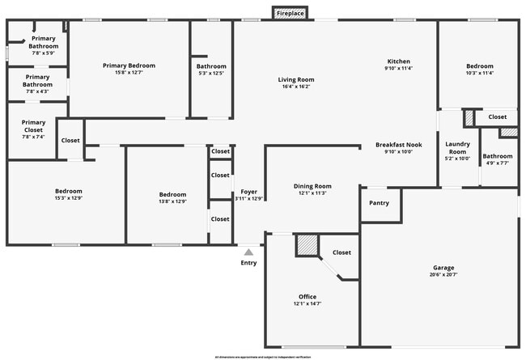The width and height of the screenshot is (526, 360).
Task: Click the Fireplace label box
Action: pos(291,14)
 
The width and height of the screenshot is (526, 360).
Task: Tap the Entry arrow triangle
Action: pos(248,252)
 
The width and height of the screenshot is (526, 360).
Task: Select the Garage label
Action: pos(443,268)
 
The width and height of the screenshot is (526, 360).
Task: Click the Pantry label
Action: pos(380,203)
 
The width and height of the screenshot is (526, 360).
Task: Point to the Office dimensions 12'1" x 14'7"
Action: pos(307,304)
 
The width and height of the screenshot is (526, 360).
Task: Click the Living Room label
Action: pos(296,79)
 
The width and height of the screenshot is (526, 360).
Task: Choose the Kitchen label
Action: pos(398,61)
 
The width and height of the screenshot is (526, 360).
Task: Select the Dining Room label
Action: pos(312,186)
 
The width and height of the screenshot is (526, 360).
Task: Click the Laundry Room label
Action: pos(457,148)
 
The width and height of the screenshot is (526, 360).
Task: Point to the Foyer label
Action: pos(248,192)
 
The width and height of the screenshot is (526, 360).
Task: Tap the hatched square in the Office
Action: pos(306,245)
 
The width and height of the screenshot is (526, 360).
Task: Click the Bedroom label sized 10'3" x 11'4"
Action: pos(479,66)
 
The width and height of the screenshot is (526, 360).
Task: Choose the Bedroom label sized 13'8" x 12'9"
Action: pos(172,194)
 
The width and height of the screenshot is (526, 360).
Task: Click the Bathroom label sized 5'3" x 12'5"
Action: pos(210,66)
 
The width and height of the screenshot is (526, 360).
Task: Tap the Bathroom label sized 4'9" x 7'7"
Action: pos(497,156)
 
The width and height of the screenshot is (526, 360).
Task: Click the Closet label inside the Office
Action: pos(341,252)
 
